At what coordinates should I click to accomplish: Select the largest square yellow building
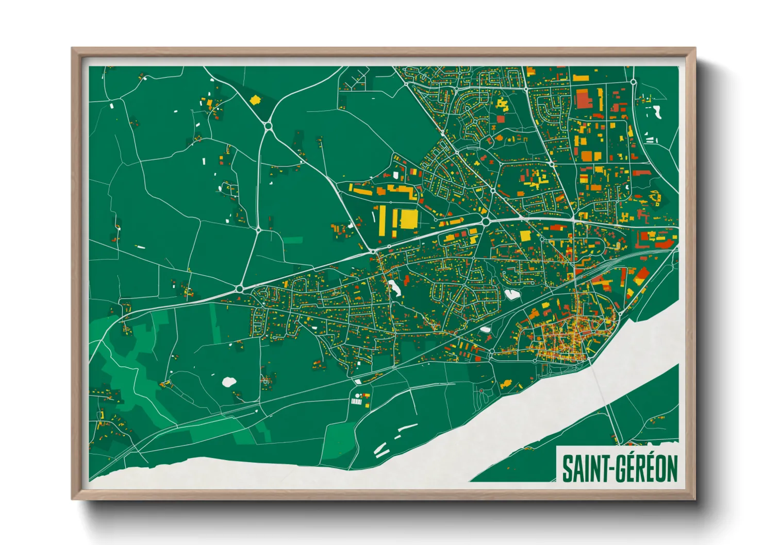pyautogui.click(x=409, y=218)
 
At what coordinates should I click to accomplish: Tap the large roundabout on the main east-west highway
pyautogui.click(x=486, y=222)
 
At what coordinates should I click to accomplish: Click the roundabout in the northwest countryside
pyautogui.click(x=268, y=125)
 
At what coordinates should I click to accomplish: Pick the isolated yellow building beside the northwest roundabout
pyautogui.click(x=255, y=99)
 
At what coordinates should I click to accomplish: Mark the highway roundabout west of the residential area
pyautogui.click(x=240, y=288)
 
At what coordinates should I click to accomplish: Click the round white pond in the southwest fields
pyautogui.click(x=228, y=382)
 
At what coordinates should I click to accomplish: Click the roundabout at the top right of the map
pyautogui.click(x=634, y=82)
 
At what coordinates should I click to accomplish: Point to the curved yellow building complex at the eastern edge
pyautogui.click(x=655, y=197)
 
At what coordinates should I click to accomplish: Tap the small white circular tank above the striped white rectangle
pyautogui.click(x=357, y=395)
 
